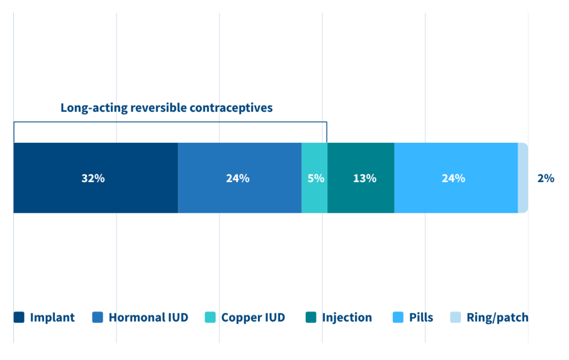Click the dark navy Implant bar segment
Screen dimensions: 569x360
96,178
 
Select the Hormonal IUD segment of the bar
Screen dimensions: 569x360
239,178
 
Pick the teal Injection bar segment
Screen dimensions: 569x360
361,178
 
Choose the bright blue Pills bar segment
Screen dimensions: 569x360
456,178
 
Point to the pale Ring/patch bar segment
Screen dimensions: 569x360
523,178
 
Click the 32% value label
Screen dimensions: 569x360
93,178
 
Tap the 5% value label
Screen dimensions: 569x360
316,178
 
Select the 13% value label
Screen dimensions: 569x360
365,178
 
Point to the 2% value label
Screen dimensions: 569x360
546,178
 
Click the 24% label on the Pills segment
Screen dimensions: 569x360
453,178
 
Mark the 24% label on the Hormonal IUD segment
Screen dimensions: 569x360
238,178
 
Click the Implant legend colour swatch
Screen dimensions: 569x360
19,317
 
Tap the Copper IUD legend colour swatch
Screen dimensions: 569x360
210,317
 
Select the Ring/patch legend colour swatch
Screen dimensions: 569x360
456,317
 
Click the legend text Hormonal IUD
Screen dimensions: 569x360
148,318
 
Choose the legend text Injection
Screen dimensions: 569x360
347,318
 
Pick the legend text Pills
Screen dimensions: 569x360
421,318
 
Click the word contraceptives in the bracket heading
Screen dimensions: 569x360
231,108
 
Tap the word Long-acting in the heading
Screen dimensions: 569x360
94,108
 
